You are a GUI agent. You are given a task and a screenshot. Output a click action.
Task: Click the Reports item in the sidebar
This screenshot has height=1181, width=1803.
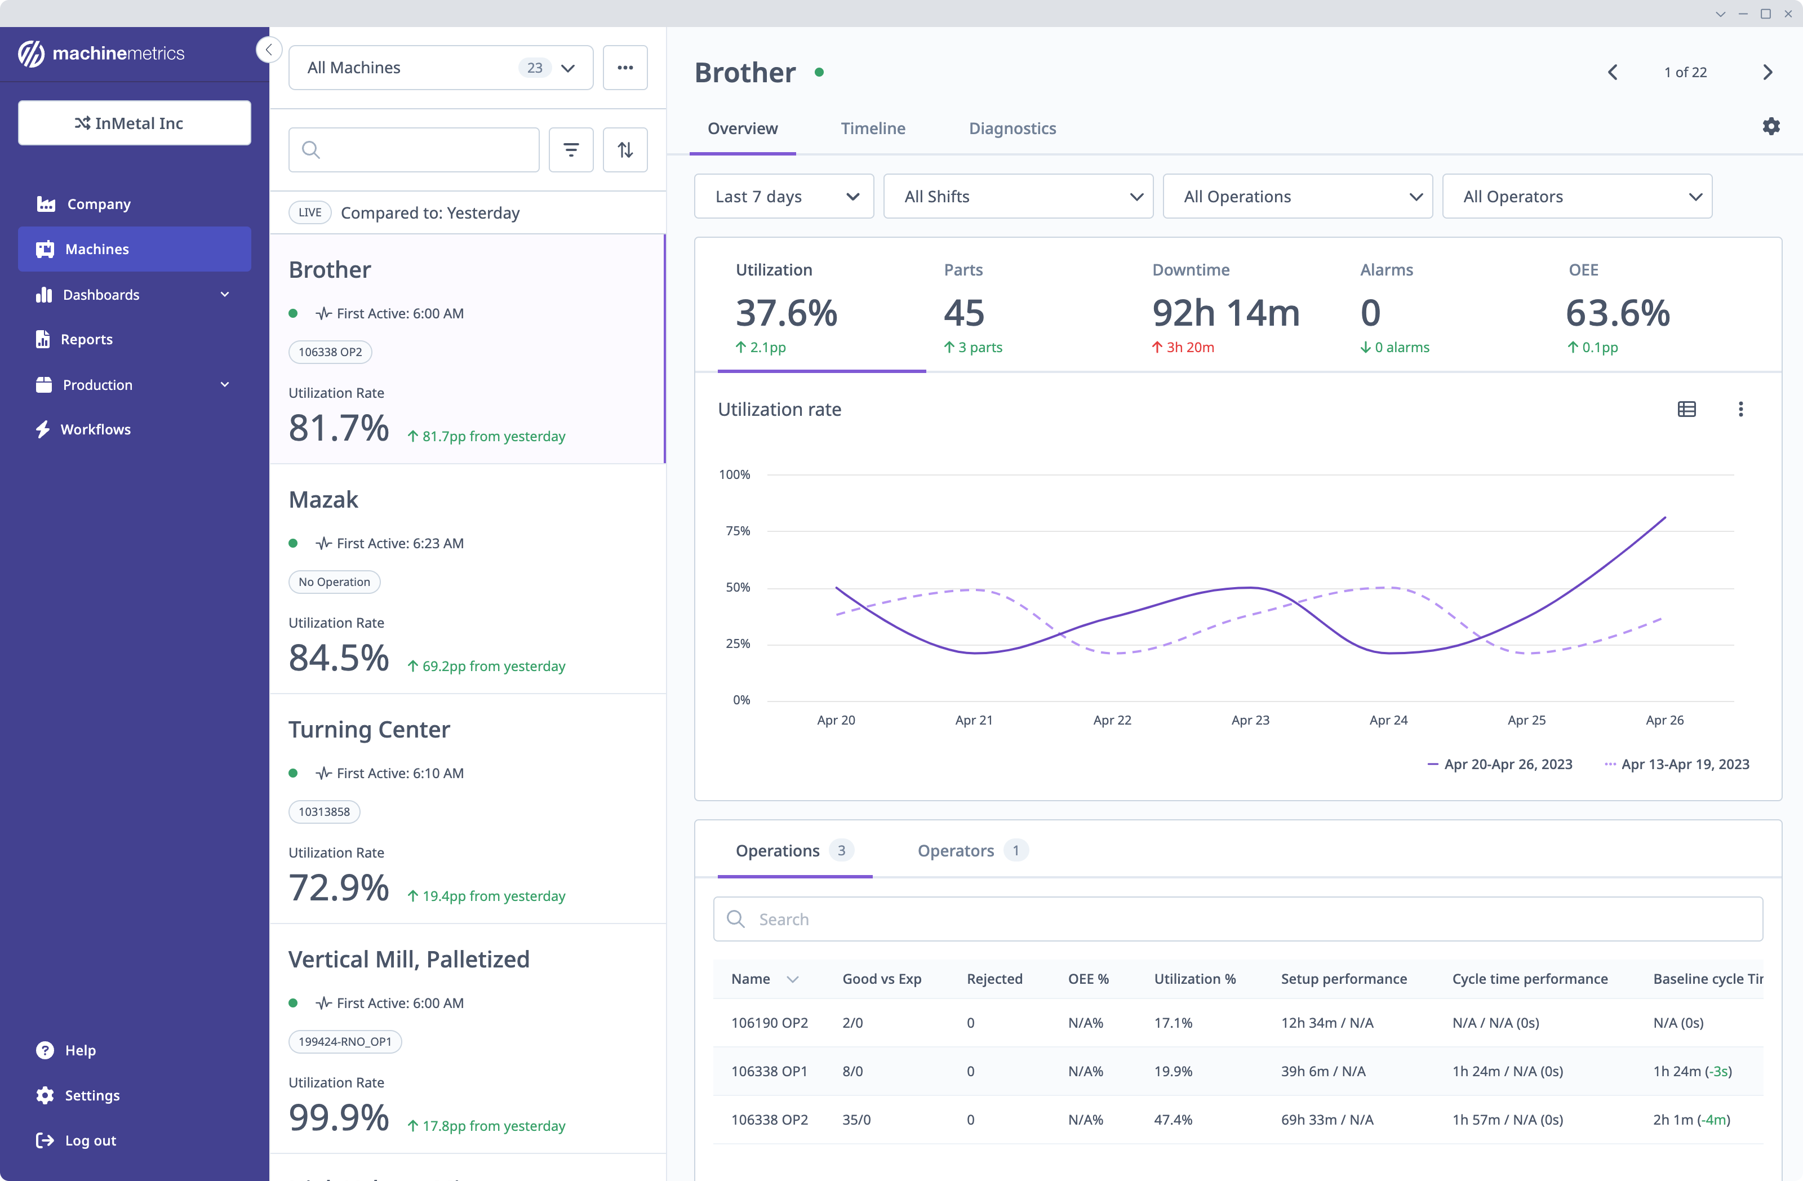pyautogui.click(x=86, y=339)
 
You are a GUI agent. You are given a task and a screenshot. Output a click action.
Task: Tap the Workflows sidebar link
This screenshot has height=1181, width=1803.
pyautogui.click(x=95, y=429)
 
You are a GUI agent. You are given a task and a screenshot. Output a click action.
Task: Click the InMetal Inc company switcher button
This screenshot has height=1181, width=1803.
pyautogui.click(x=134, y=123)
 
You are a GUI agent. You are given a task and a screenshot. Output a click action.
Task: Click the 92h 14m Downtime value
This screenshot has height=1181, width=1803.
pyautogui.click(x=1225, y=313)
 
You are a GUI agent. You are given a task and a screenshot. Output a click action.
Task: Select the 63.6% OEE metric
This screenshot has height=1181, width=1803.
pyautogui.click(x=1618, y=313)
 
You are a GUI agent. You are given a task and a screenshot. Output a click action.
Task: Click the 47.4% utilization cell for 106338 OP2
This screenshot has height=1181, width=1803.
pyautogui.click(x=1173, y=1119)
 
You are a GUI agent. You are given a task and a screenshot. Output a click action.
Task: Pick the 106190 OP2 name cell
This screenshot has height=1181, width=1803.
pyautogui.click(x=769, y=1023)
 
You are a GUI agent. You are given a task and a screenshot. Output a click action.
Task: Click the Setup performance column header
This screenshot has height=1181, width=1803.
pyautogui.click(x=1343, y=979)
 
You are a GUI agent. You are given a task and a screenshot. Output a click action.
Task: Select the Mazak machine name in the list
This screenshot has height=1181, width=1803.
pyautogui.click(x=323, y=499)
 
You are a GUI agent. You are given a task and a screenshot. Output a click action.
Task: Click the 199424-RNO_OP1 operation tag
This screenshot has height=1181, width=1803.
pyautogui.click(x=345, y=1042)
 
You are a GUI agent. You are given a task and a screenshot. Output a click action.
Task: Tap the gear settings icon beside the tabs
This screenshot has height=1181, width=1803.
pyautogui.click(x=1770, y=127)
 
